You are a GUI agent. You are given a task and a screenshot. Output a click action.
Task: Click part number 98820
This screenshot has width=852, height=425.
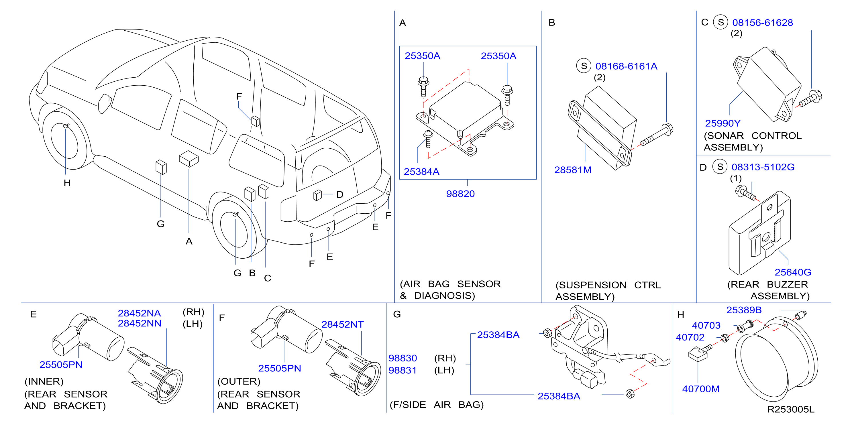pyautogui.click(x=460, y=194)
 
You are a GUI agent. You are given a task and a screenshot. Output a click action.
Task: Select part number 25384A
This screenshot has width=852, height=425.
pyautogui.click(x=421, y=171)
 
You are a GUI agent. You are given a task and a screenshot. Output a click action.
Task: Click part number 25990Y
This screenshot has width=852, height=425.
pyautogui.click(x=723, y=123)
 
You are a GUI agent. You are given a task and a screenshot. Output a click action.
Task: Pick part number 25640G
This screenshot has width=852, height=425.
pyautogui.click(x=793, y=272)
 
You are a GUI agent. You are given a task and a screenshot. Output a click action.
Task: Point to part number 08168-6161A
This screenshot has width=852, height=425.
pyautogui.click(x=626, y=66)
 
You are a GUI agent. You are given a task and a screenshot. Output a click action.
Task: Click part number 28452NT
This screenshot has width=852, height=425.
pyautogui.click(x=342, y=324)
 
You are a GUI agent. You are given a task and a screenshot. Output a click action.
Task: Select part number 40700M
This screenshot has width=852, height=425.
pyautogui.click(x=700, y=389)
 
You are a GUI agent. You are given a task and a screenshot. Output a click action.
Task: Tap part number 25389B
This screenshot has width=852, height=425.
pyautogui.click(x=744, y=310)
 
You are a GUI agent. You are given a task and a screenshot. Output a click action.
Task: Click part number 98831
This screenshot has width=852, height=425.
pyautogui.click(x=402, y=370)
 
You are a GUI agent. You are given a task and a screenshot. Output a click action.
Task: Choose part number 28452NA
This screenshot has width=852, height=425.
pyautogui.click(x=139, y=313)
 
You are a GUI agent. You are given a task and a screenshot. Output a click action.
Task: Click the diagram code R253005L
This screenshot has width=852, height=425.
pyautogui.click(x=790, y=409)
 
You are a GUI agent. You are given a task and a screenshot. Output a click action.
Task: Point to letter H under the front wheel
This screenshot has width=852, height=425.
pyautogui.click(x=67, y=183)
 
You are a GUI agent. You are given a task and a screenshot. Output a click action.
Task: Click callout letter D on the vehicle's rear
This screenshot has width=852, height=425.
pyautogui.click(x=340, y=194)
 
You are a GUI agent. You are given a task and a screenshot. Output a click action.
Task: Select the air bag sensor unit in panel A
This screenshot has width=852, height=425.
pyautogui.click(x=465, y=118)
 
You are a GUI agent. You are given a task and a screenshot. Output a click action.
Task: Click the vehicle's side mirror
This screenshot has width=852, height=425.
pyautogui.click(x=105, y=103)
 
